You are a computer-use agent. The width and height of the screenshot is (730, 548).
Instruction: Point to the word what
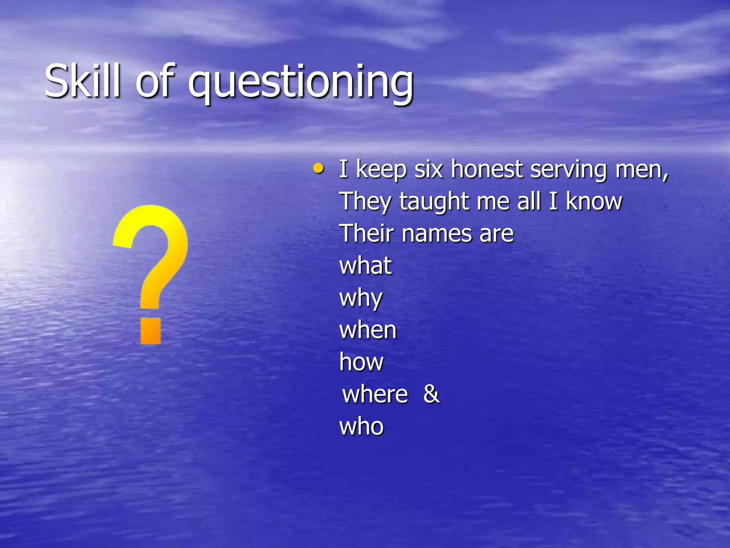coord(366,266)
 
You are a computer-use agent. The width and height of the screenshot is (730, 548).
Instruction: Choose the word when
coord(368,330)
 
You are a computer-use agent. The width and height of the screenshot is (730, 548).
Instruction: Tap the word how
coord(361,362)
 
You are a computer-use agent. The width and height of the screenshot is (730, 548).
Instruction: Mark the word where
coord(375,394)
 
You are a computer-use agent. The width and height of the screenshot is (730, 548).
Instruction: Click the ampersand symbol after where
coord(432,394)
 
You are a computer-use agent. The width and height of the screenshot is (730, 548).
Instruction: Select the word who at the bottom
coord(361,426)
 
